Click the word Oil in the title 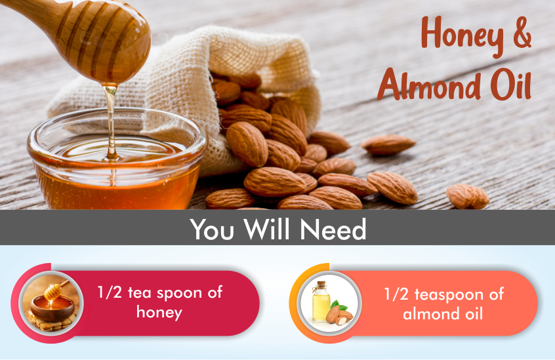tap(511, 84)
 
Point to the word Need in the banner tap(333, 229)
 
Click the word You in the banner tap(212, 229)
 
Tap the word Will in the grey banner tap(270, 228)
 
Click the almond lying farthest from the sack tap(467, 196)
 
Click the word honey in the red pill tap(159, 313)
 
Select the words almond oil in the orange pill tap(443, 313)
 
